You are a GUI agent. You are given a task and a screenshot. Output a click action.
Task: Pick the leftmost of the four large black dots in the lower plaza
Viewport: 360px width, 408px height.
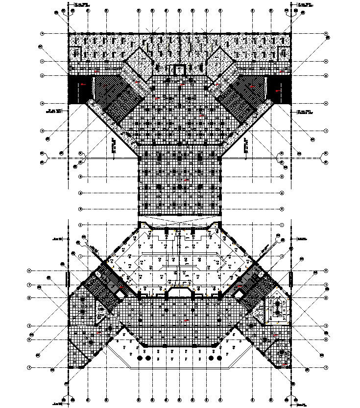pyautogui.click(x=140, y=359)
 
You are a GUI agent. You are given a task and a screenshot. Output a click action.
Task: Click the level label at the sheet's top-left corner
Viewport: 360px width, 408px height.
pyautogui.click(x=81, y=5)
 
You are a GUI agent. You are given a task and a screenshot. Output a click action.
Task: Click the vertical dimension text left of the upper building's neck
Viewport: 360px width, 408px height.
pyautogui.click(x=113, y=145)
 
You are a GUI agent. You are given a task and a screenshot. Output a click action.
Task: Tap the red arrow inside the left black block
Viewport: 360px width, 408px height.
pyautogui.click(x=82, y=84)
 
